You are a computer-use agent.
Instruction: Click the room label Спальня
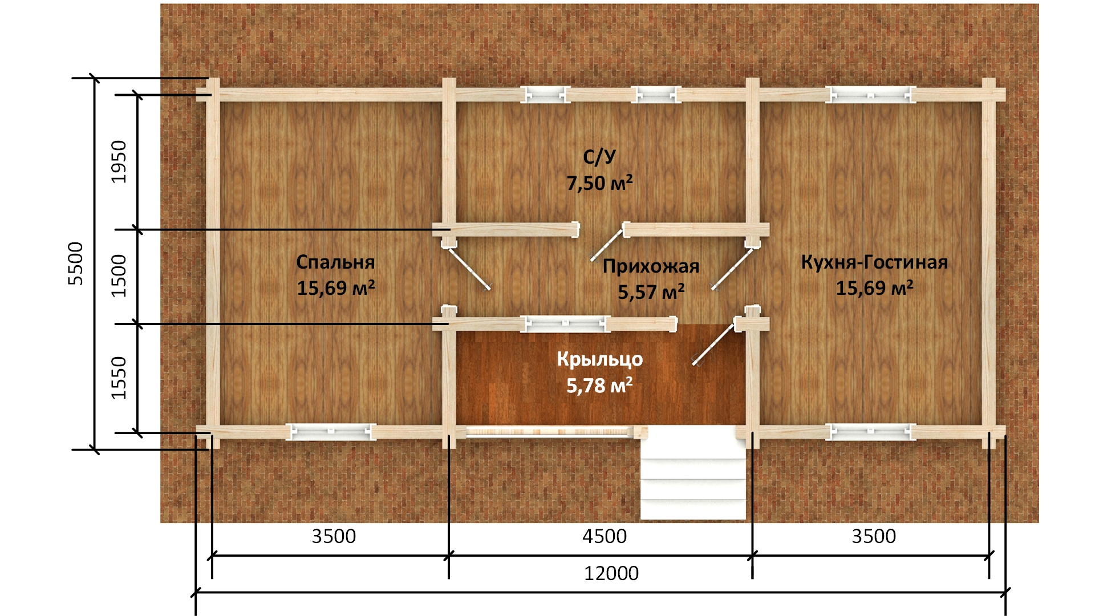click(x=335, y=262)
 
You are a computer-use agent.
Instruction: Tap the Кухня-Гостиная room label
click(x=874, y=262)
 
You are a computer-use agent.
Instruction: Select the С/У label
click(x=599, y=157)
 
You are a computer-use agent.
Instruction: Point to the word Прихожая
click(x=651, y=266)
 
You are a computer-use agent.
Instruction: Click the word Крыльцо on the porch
click(x=599, y=359)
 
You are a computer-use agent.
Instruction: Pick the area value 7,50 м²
click(x=599, y=183)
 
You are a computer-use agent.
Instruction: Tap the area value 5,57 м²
click(x=651, y=292)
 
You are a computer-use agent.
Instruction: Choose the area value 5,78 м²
click(x=599, y=386)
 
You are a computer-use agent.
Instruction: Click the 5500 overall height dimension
click(x=75, y=264)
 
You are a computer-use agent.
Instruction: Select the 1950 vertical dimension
click(x=119, y=161)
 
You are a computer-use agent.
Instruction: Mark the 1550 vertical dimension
click(x=119, y=378)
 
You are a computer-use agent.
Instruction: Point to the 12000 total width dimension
click(x=611, y=573)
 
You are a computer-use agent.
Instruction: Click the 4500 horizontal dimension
click(x=605, y=536)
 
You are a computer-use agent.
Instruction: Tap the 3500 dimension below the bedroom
click(x=334, y=536)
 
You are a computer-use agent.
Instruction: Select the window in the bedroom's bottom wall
click(x=331, y=432)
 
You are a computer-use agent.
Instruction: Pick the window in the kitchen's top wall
click(x=870, y=95)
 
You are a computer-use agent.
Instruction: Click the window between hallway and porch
click(x=565, y=323)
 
